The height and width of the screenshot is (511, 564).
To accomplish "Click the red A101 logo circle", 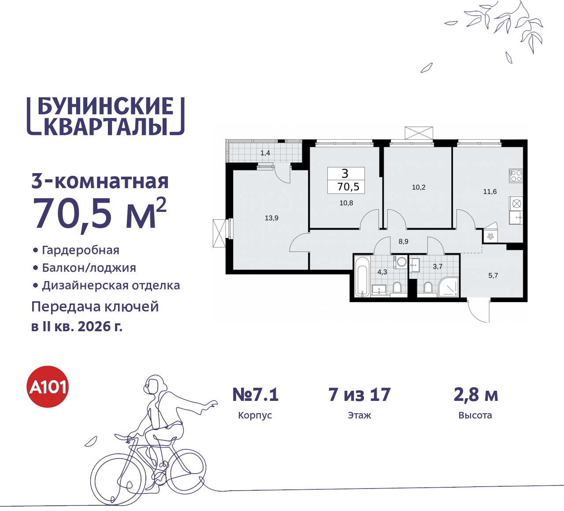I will coord(48,387).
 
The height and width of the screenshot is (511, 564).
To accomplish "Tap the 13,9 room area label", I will coord(271,218).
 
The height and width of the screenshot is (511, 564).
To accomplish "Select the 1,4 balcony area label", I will coord(265,153).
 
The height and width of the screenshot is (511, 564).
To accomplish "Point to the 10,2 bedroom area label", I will coord(419,187).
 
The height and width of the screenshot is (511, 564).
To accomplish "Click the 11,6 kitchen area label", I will coord(490,192).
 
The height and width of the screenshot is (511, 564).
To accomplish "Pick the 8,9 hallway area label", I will coord(404,241).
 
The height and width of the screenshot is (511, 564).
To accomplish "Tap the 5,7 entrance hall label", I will coord(493,276).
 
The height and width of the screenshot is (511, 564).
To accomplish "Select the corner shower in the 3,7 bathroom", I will coord(449,287).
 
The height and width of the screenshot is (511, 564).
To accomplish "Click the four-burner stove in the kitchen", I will coord(516,176).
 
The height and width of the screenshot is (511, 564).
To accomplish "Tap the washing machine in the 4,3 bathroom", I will coord(401,262).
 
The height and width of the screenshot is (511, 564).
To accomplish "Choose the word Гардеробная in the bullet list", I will coord(81,250).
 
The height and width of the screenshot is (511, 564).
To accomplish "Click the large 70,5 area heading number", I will coord(73,214).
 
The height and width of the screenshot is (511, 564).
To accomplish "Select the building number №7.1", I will coord(256,395).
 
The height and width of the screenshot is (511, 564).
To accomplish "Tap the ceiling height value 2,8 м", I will coord(476,395).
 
